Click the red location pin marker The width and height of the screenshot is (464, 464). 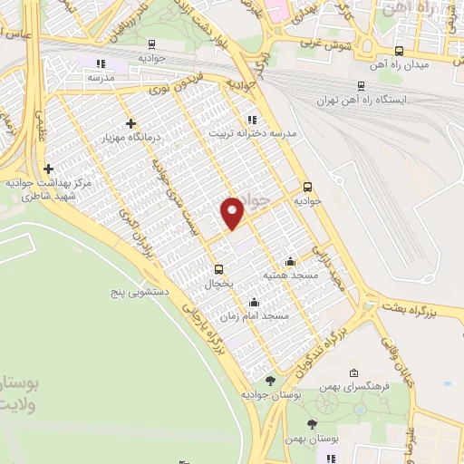pyautogui.click(x=233, y=213)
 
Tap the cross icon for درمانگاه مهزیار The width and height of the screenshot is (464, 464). pyautogui.click(x=131, y=123)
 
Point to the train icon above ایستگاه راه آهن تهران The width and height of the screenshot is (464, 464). pyautogui.click(x=362, y=86)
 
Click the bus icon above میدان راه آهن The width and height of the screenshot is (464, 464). pyautogui.click(x=400, y=51)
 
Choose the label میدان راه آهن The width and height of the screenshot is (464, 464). pyautogui.click(x=398, y=65)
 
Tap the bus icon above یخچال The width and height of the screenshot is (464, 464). pyautogui.click(x=217, y=269)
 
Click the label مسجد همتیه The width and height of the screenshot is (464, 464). pyautogui.click(x=289, y=275)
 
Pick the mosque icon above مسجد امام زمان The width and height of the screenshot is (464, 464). pyautogui.click(x=254, y=302)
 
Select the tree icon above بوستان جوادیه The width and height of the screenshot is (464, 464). pyautogui.click(x=269, y=381)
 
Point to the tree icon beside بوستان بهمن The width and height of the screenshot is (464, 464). pyautogui.click(x=313, y=424)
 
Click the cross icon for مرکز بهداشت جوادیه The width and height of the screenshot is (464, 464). pyautogui.click(x=48, y=169)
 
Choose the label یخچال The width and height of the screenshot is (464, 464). pyautogui.click(x=217, y=284)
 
